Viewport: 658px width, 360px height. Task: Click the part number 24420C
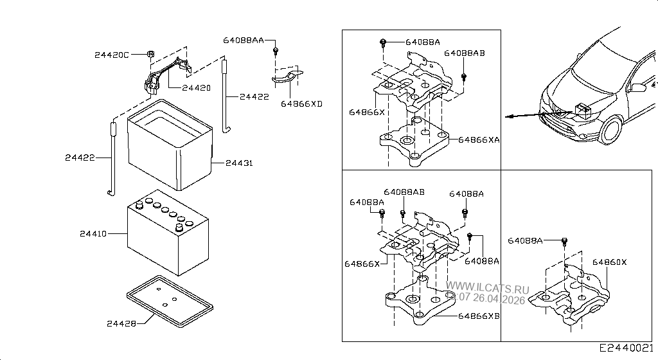112,55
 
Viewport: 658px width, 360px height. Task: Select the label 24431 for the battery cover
239,163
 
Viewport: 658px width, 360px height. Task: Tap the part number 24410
93,234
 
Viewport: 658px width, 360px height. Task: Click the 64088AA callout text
244,40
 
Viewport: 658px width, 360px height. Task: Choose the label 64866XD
301,104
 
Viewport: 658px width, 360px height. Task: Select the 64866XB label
479,316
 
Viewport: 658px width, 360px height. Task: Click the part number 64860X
609,262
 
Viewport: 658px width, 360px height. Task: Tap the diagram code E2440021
627,348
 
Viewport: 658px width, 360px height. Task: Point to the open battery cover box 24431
170,148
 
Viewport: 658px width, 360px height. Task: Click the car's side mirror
638,87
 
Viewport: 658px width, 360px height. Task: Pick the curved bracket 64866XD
288,77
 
